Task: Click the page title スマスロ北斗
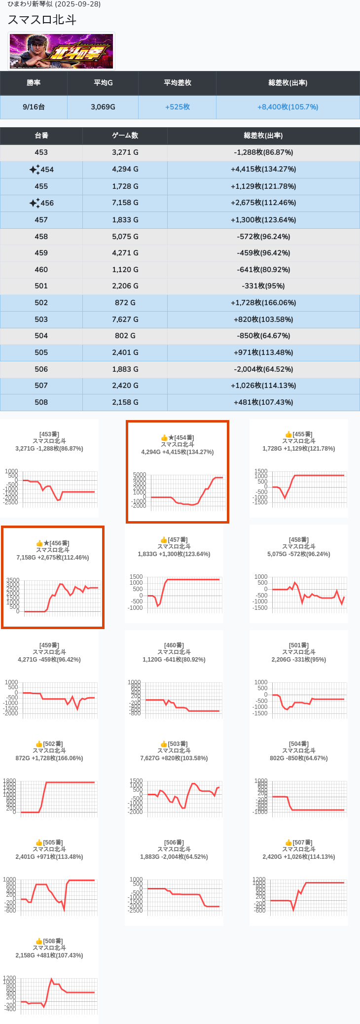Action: tap(42, 20)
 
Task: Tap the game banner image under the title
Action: tap(62, 51)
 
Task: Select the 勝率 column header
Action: tap(34, 83)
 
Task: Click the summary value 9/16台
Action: tap(34, 107)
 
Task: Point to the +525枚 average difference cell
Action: tap(177, 107)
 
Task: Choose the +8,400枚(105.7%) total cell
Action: tap(288, 107)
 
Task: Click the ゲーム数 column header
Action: tap(125, 136)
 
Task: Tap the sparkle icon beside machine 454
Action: tap(34, 170)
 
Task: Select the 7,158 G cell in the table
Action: tap(125, 203)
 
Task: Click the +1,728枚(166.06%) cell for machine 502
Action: tap(263, 303)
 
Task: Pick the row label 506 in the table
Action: tap(41, 369)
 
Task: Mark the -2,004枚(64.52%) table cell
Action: tap(263, 369)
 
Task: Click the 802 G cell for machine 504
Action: tap(125, 336)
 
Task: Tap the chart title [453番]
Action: tap(49, 434)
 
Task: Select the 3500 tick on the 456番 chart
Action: tap(13, 580)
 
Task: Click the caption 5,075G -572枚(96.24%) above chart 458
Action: tap(299, 554)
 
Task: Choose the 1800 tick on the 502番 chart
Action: tap(9, 781)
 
